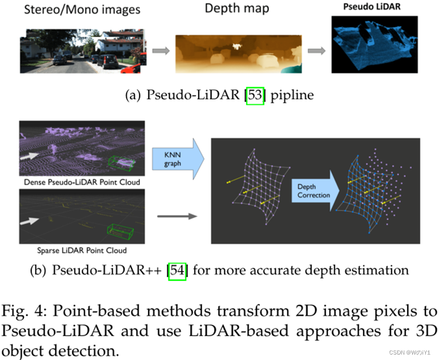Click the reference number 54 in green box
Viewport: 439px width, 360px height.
point(177,270)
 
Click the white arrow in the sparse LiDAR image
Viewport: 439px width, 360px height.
point(32,221)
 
